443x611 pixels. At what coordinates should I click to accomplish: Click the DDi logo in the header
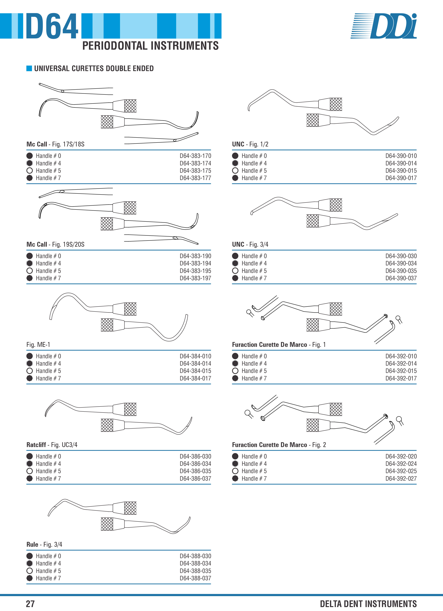pyautogui.click(x=384, y=26)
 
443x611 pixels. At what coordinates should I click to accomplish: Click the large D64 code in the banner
pyautogui.click(x=52, y=26)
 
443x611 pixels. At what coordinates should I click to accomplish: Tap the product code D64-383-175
pyautogui.click(x=195, y=171)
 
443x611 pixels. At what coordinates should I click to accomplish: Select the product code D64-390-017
pyautogui.click(x=401, y=178)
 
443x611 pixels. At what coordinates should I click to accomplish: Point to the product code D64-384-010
pyautogui.click(x=195, y=356)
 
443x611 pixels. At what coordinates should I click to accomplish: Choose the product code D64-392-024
pyautogui.click(x=401, y=464)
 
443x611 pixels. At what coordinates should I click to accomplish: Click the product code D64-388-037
pyautogui.click(x=195, y=578)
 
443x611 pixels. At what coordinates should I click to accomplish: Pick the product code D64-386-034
pyautogui.click(x=195, y=464)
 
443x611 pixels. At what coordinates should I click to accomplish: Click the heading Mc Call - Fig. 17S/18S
pyautogui.click(x=55, y=144)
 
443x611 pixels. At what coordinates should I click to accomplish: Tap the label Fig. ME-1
pyautogui.click(x=38, y=345)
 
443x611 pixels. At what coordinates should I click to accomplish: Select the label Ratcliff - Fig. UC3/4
pyautogui.click(x=52, y=445)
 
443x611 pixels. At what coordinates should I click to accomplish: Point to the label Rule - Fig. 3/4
pyautogui.click(x=44, y=544)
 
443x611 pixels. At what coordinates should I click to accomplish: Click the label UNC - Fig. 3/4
pyautogui.click(x=250, y=244)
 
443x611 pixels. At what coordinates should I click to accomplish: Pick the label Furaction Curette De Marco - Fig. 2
pyautogui.click(x=279, y=445)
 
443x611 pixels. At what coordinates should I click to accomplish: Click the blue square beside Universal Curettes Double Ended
pyautogui.click(x=29, y=68)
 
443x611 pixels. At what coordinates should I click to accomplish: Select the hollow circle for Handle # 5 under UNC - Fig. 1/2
pyautogui.click(x=235, y=171)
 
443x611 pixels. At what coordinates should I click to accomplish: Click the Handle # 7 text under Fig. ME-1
pyautogui.click(x=49, y=378)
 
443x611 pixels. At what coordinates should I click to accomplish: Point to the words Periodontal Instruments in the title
pyautogui.click(x=150, y=46)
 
